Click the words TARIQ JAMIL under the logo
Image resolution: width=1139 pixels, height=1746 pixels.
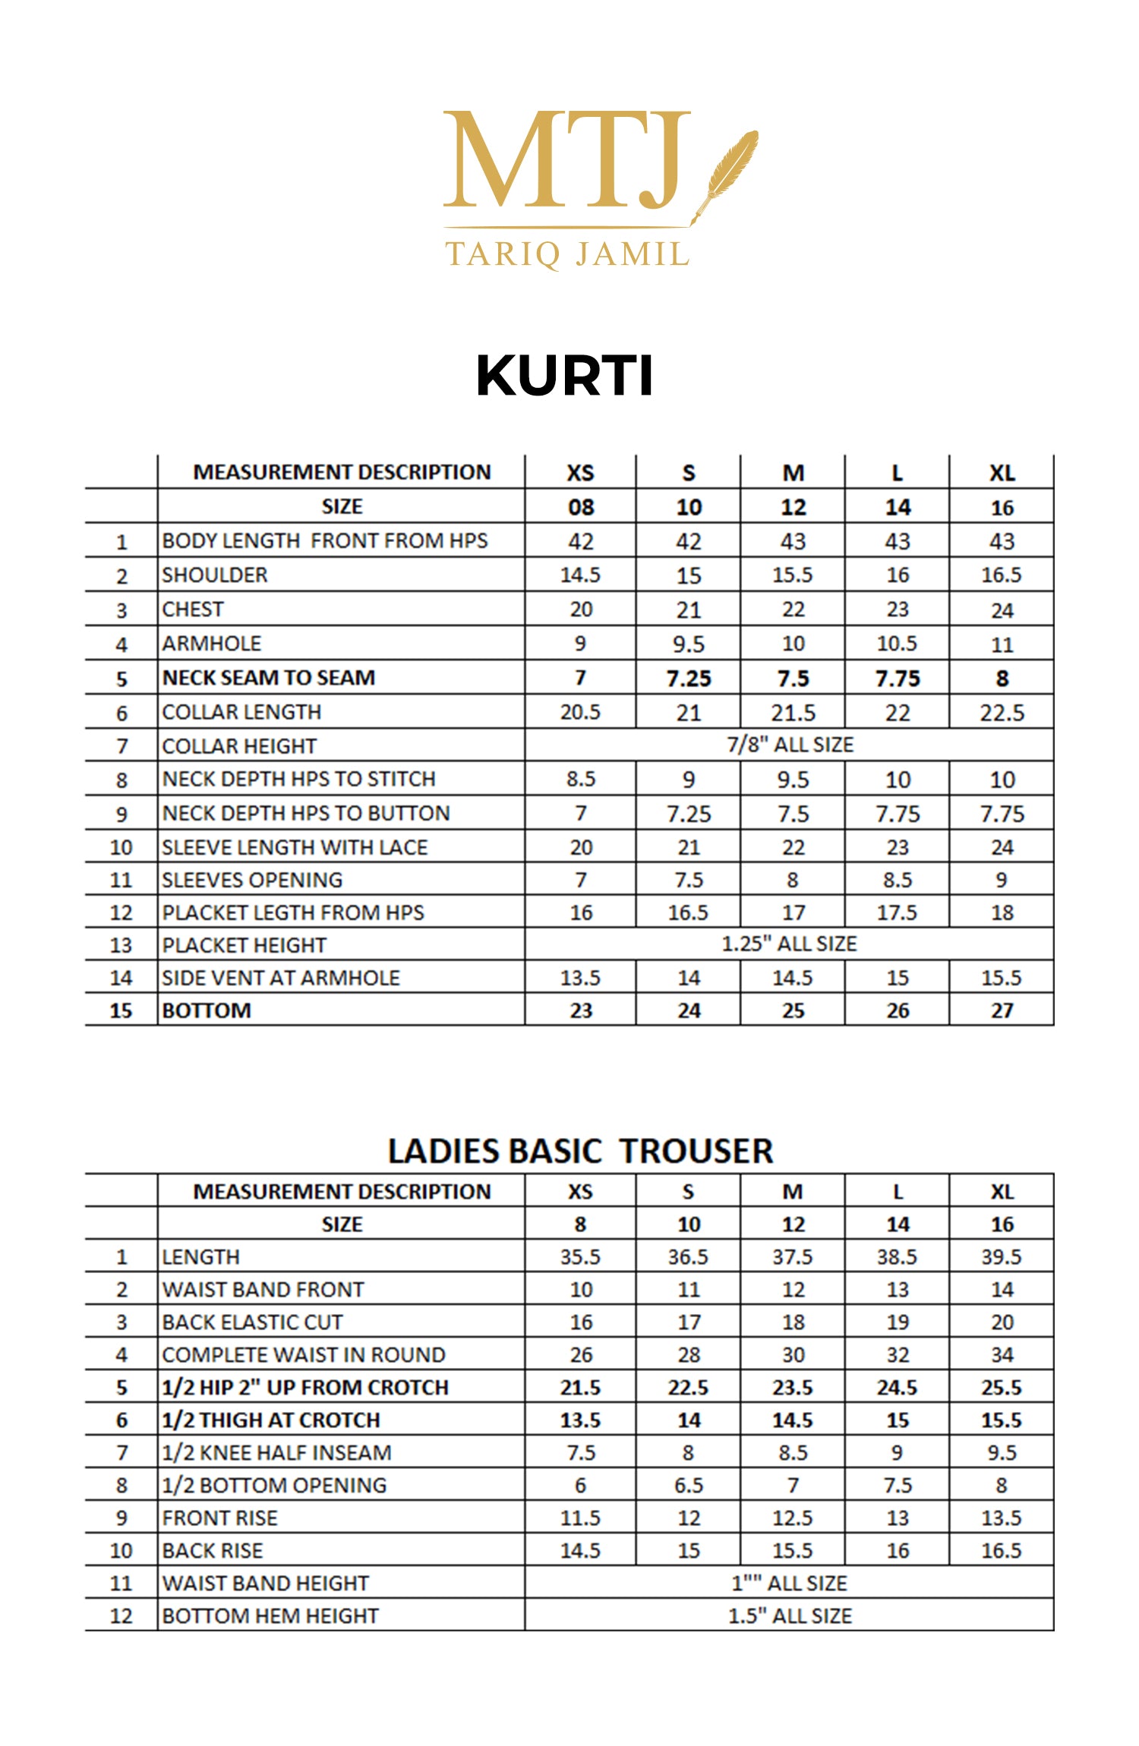pyautogui.click(x=566, y=254)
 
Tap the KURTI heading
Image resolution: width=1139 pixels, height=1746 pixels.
pyautogui.click(x=564, y=376)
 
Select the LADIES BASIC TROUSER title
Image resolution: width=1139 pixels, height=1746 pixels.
pyautogui.click(x=580, y=1151)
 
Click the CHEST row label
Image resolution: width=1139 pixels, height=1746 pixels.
pyautogui.click(x=193, y=610)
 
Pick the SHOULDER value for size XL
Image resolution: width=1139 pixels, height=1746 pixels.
pyautogui.click(x=1001, y=575)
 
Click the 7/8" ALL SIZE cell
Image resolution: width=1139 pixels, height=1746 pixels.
pyautogui.click(x=790, y=745)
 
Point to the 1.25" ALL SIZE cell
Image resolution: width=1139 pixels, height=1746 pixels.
pyautogui.click(x=789, y=944)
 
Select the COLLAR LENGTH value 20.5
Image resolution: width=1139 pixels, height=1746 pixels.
pyautogui.click(x=580, y=712)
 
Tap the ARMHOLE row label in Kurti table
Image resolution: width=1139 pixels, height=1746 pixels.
pyautogui.click(x=211, y=644)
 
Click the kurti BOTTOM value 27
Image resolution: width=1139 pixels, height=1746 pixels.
pyautogui.click(x=1002, y=1010)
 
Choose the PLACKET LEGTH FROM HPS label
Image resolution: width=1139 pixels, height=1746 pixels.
pyautogui.click(x=293, y=912)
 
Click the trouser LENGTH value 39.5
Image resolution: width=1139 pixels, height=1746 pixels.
pyautogui.click(x=1001, y=1257)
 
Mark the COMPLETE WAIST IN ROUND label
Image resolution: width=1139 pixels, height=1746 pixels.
pyautogui.click(x=304, y=1355)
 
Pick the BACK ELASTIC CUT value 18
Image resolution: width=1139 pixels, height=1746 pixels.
pyautogui.click(x=793, y=1322)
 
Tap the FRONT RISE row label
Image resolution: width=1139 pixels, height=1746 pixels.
pyautogui.click(x=219, y=1518)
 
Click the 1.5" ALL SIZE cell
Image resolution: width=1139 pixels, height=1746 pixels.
pyautogui.click(x=790, y=1616)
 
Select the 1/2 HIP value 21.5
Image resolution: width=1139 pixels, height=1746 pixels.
pyautogui.click(x=580, y=1388)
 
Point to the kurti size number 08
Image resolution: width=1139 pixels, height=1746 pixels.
pyautogui.click(x=581, y=507)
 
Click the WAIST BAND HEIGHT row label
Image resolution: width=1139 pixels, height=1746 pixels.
pyautogui.click(x=265, y=1584)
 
